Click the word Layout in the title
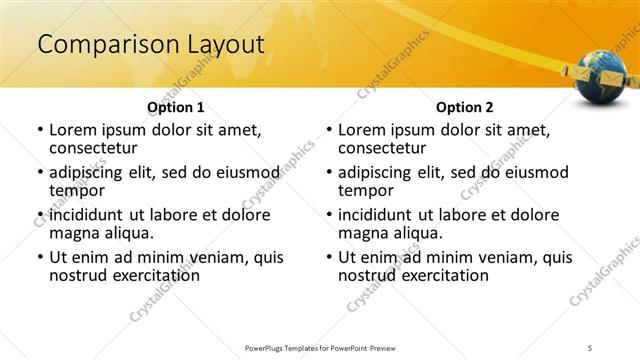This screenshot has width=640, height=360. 225,45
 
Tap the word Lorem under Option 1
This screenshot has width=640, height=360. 73,130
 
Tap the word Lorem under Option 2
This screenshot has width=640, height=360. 362,130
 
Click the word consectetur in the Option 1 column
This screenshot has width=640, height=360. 97,148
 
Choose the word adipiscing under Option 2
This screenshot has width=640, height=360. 378,172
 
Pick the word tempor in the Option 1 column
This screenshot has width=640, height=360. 72,190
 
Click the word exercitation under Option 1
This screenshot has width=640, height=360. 148,275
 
